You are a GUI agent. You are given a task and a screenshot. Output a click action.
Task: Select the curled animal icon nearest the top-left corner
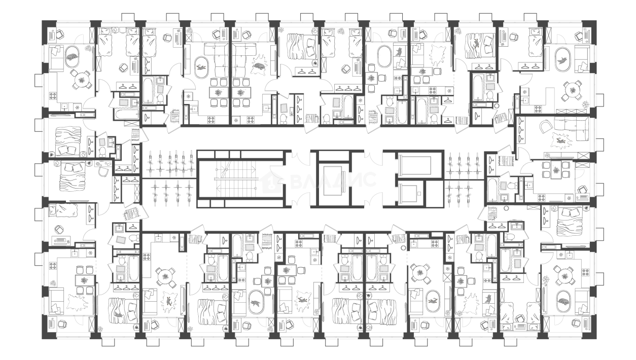point(72,57)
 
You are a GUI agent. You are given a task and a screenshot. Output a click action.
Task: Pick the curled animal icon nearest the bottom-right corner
point(563,302)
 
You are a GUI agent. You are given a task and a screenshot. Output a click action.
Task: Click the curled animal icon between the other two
point(259,66)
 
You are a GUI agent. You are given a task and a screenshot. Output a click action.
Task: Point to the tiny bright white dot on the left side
point(98,164)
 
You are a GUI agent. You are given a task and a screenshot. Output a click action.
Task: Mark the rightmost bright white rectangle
point(517,263)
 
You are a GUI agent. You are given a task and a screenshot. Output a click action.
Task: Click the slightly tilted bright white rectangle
point(120,239)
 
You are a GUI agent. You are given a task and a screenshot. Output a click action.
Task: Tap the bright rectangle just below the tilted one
point(120,269)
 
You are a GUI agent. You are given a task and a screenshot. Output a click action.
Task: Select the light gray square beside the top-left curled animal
point(86,49)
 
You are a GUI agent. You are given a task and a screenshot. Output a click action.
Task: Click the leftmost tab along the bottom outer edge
point(109,344)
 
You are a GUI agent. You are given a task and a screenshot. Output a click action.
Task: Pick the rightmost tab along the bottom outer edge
point(511,344)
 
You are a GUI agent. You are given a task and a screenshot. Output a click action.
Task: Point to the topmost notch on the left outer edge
point(37,81)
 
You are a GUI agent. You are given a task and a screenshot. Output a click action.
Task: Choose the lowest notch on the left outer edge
point(37,259)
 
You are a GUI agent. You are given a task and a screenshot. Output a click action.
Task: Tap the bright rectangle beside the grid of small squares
point(503,186)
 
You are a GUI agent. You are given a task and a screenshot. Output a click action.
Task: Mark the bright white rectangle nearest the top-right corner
point(490,87)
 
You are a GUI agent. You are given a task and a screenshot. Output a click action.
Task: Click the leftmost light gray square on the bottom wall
point(101,328)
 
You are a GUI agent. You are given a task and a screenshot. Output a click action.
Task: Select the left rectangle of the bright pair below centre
point(344,268)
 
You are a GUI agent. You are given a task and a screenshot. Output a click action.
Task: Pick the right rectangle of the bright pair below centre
point(384,268)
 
